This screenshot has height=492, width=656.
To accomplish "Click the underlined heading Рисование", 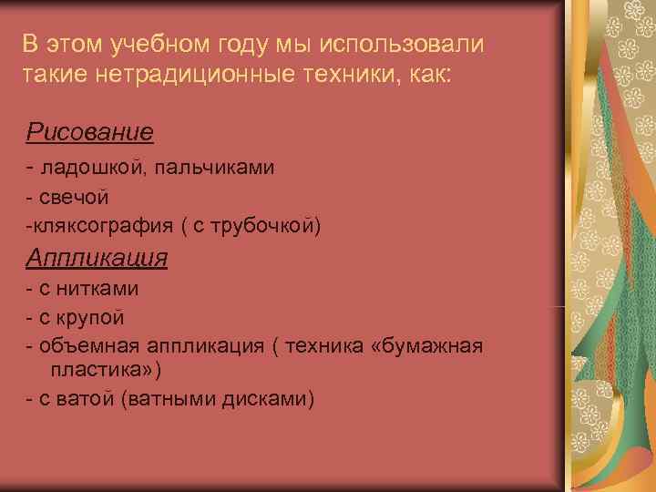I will pos(89,133).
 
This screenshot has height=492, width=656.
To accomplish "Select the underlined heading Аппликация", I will pos(97,258).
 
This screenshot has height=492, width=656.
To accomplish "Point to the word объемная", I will pos(79,346).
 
